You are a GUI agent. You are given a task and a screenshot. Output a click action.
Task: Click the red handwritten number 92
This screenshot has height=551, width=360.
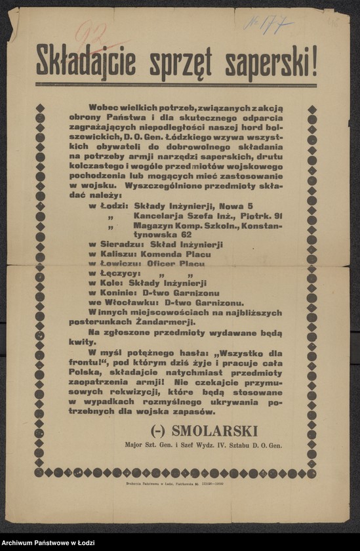[x=91, y=33]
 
